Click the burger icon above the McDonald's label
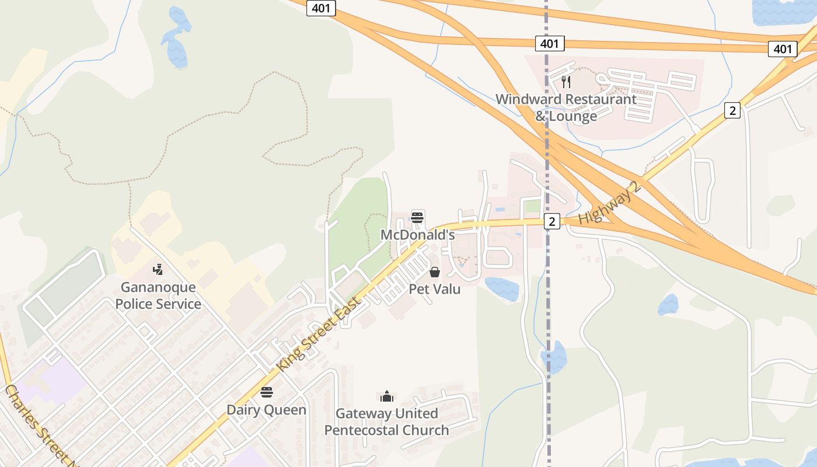point(417,218)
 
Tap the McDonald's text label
point(417,235)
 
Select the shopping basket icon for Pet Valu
point(435,272)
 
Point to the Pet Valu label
point(435,289)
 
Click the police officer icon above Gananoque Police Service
point(158,270)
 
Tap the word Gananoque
point(158,287)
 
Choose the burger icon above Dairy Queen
point(267,392)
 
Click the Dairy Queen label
point(266,410)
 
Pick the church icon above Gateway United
point(386,397)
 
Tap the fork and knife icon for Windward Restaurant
point(565,82)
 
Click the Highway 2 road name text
point(610,203)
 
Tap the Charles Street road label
point(41,424)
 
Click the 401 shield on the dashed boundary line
point(549,43)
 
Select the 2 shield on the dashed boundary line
point(551,221)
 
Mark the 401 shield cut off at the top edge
point(320,8)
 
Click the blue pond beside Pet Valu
point(501,289)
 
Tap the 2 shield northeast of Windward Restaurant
point(732,110)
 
